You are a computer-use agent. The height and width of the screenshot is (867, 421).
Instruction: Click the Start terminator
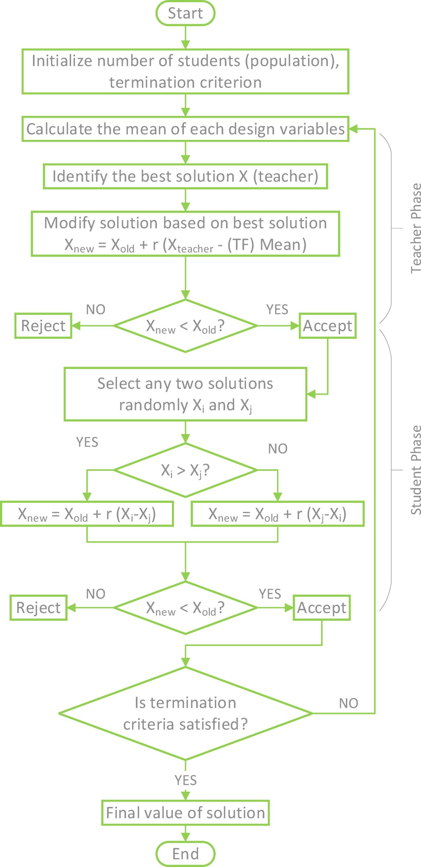coord(185,13)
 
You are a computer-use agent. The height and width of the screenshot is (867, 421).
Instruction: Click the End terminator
coord(185,854)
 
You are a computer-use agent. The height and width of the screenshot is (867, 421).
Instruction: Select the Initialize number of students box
coord(185,72)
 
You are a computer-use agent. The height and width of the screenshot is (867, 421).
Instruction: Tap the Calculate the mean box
coord(185,129)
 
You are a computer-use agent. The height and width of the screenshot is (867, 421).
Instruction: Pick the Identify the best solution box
coord(185,176)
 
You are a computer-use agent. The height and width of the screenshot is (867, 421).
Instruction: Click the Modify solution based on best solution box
coord(185,234)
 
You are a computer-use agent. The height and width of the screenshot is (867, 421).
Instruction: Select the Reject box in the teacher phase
coord(43,326)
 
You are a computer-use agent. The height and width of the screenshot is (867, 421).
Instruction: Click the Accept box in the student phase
coord(321,608)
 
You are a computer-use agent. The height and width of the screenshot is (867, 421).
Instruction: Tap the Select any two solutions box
coord(185,394)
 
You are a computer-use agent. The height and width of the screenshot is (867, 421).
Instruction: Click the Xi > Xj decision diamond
coord(185,470)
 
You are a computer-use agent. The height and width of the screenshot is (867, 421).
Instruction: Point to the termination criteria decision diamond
coord(185,714)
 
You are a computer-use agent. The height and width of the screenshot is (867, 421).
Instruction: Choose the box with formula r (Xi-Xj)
coord(87,514)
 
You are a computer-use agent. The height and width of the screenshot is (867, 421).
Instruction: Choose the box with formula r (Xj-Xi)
coord(277,514)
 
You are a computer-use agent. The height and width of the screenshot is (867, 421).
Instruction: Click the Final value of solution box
coord(185,813)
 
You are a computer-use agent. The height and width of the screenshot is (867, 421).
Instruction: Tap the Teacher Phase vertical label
coord(416,228)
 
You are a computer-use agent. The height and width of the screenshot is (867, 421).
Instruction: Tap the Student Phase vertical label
coord(416,470)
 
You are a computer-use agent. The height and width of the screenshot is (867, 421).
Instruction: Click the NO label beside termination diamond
coord(348,703)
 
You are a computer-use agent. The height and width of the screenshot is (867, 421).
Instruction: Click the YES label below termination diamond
coord(186,780)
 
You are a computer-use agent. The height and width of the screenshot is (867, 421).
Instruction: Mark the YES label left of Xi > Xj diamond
coord(87,442)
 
